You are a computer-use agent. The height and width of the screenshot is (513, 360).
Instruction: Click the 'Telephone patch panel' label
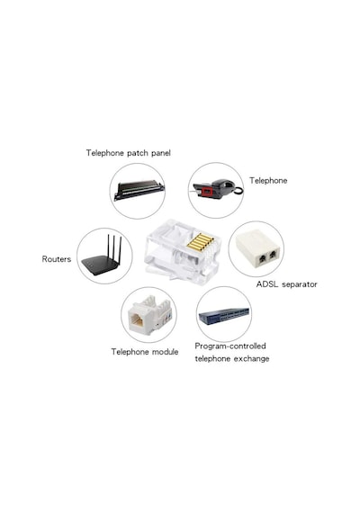pos(129,153)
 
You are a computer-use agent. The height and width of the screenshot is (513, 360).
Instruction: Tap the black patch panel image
pos(139,190)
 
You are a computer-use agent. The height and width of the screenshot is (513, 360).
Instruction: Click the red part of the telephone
pos(207,192)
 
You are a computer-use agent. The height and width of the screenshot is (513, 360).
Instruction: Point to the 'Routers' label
pos(57,259)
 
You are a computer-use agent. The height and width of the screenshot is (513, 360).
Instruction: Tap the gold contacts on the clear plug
pos(200,242)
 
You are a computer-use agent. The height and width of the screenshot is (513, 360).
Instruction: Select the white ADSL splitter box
pos(257,249)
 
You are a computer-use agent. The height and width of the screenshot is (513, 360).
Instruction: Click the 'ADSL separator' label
pos(287,284)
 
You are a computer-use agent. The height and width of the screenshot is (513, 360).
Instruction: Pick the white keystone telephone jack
pos(149,315)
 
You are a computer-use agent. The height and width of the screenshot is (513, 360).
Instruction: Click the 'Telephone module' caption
pos(145,352)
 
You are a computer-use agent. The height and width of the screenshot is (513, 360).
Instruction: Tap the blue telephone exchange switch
pos(224,315)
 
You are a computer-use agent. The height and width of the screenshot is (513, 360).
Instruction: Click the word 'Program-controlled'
pos(230,346)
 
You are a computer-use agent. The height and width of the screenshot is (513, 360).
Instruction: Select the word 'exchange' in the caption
pos(251,358)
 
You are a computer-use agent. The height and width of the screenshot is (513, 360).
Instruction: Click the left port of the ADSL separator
pos(262,259)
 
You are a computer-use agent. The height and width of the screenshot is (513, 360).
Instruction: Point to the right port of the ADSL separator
pos(273,254)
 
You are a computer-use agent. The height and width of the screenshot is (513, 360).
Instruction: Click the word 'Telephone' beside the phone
pos(268,181)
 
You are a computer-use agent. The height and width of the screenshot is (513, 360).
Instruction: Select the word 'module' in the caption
pos(166,352)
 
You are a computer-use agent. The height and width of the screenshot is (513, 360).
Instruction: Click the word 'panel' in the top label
pos(161,153)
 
